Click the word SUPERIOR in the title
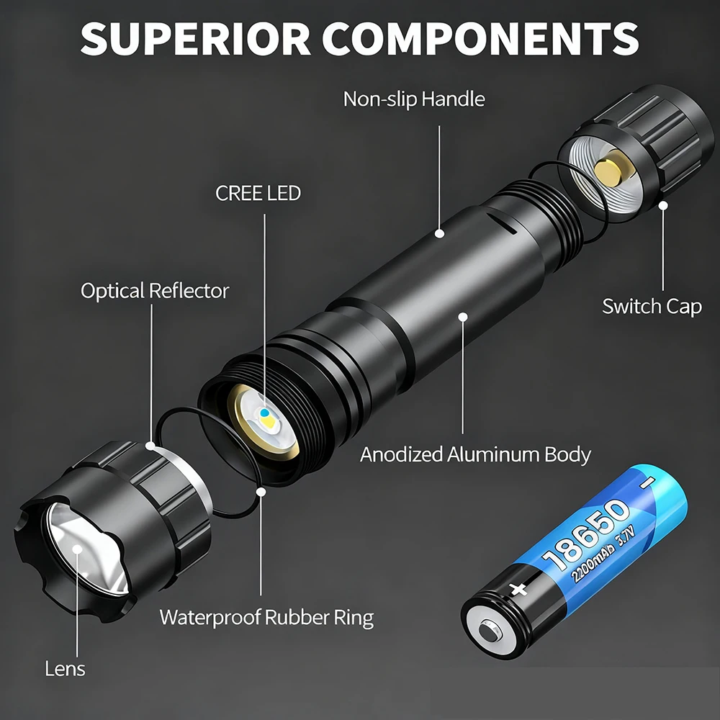tap(196, 39)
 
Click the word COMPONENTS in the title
tap(480, 39)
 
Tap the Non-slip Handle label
tap(414, 99)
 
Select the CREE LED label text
tap(258, 193)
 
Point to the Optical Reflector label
tap(155, 291)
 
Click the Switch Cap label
tap(652, 307)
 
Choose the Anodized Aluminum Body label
tap(475, 454)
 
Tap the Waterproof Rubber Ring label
tap(266, 618)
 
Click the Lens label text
tap(66, 669)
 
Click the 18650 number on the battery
tap(585, 535)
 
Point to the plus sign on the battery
tap(518, 589)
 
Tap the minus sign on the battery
tap(649, 482)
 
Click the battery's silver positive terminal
tap(490, 632)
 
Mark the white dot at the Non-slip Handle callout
tap(439, 233)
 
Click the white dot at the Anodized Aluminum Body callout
tap(463, 317)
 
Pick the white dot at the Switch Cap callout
tap(663, 205)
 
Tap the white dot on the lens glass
tap(77, 549)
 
